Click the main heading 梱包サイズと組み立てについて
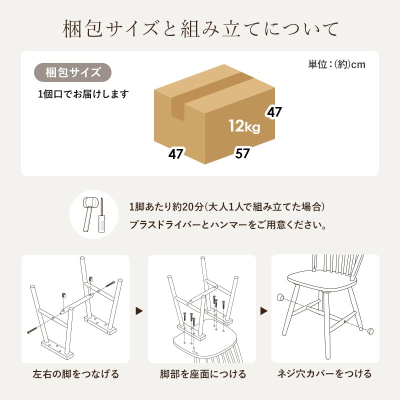pos(200,29)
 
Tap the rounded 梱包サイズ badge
pos(72,72)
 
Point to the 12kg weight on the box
pos(244,126)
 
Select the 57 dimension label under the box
pos(242,153)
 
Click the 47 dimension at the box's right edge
pos(274,112)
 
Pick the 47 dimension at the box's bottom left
pos(175,153)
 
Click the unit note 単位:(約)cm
pos(336,64)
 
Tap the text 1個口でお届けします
pos(83,94)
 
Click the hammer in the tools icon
pos(90,210)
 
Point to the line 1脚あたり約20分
pos(227,207)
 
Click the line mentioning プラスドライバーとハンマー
pos(228,225)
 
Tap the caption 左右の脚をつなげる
pos(75,374)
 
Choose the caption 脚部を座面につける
pos(202,374)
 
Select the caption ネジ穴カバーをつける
pos(325,374)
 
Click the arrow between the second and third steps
pos(263,311)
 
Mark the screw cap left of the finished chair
pos(281,297)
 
